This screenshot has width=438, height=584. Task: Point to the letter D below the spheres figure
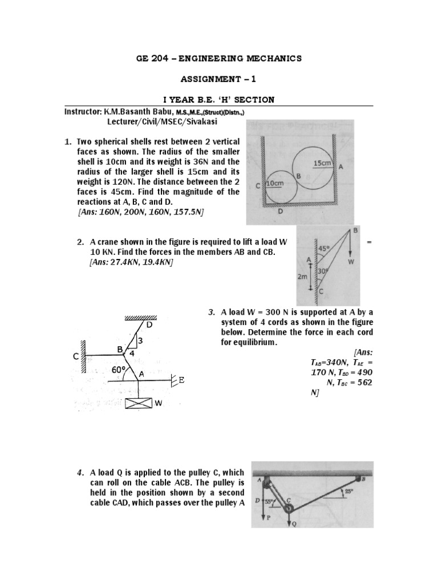(279, 211)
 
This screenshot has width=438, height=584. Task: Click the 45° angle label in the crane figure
(323, 249)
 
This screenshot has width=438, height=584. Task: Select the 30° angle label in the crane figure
(323, 272)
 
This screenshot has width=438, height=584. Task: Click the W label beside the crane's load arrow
(351, 262)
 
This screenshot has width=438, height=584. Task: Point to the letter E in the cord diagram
(181, 380)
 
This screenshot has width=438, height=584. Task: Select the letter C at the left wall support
(75, 356)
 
